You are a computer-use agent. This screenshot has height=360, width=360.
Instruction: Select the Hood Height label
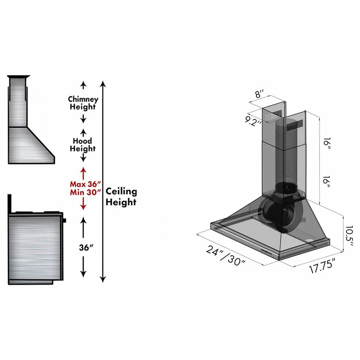[x=82, y=144]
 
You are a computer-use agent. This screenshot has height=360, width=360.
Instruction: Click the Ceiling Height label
[x=121, y=197]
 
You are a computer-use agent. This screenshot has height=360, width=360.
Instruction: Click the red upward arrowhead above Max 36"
[x=83, y=171]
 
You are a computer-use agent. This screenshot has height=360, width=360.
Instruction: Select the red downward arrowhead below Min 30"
[x=83, y=206]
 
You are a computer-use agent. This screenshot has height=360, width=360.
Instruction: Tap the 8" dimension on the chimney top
[x=259, y=94]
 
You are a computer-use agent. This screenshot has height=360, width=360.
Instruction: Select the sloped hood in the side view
[x=31, y=144]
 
